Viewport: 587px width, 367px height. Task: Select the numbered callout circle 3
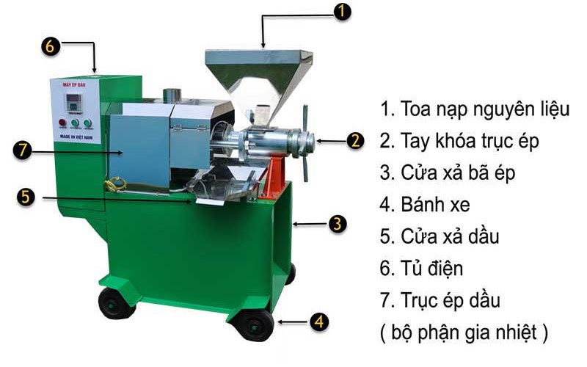tap(336, 224)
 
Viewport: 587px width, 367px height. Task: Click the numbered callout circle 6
tap(50, 45)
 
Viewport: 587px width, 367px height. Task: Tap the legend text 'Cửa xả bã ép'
tap(448, 174)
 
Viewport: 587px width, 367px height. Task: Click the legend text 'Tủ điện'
tap(422, 269)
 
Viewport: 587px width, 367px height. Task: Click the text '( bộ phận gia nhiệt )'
tap(464, 333)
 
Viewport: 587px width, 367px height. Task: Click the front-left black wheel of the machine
tap(116, 302)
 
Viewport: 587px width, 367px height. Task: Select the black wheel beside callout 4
tap(252, 323)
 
